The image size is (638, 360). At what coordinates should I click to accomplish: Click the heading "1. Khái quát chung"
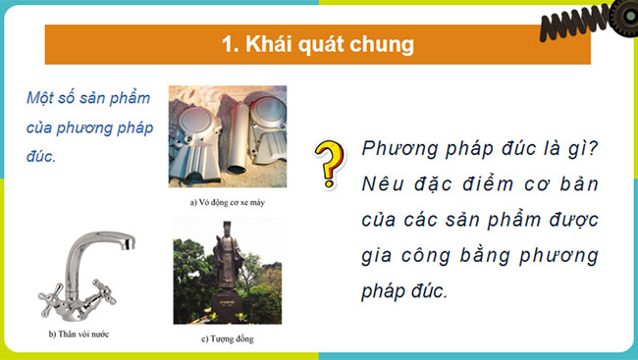[317, 44]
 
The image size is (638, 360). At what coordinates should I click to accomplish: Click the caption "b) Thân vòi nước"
[79, 334]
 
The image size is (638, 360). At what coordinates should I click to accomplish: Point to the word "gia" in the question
[379, 256]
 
